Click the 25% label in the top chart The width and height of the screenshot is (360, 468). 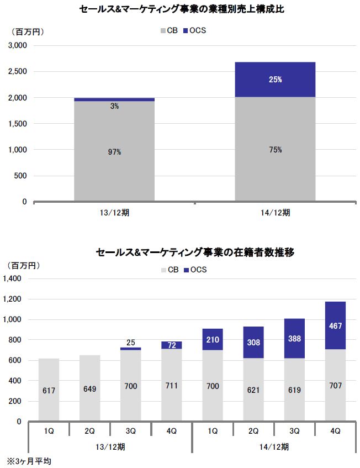(275, 80)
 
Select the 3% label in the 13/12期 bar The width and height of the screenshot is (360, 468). (114, 106)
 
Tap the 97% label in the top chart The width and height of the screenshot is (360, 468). (114, 151)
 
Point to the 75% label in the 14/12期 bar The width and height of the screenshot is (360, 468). (275, 150)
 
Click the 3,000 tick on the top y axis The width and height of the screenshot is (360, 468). (17, 46)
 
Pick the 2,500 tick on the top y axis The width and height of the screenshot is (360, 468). (17, 72)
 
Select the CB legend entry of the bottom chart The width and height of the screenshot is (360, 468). (169, 270)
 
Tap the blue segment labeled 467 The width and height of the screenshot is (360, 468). (335, 326)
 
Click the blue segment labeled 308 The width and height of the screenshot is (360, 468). (253, 343)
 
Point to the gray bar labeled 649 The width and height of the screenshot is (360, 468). (89, 388)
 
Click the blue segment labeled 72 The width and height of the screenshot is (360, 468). (172, 345)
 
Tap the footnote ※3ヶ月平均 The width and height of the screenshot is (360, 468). (28, 460)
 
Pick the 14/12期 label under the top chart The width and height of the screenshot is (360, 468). (275, 212)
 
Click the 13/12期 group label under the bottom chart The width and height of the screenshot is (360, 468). (110, 445)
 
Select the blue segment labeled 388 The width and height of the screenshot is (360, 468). (294, 339)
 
